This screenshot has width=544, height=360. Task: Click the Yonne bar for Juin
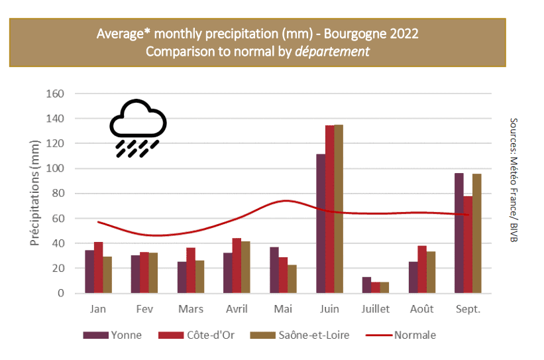click(x=321, y=223)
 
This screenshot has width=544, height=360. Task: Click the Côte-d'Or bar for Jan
click(x=98, y=268)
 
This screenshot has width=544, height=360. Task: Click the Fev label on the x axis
click(x=144, y=310)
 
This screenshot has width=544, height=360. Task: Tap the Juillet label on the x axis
click(x=376, y=310)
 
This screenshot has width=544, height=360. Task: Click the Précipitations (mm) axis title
click(x=36, y=192)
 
